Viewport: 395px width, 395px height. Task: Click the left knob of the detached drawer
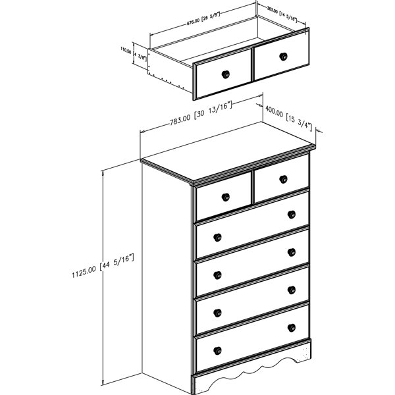(x=226, y=74)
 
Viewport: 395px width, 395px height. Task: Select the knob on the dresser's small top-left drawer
(x=224, y=196)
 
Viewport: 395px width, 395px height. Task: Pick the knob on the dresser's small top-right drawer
(x=283, y=178)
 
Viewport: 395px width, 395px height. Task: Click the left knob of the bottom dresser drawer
(x=217, y=350)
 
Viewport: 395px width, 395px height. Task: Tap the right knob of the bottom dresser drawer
(x=291, y=327)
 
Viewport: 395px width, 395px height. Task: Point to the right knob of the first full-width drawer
(x=291, y=213)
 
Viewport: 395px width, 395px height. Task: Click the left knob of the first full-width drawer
(x=217, y=236)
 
